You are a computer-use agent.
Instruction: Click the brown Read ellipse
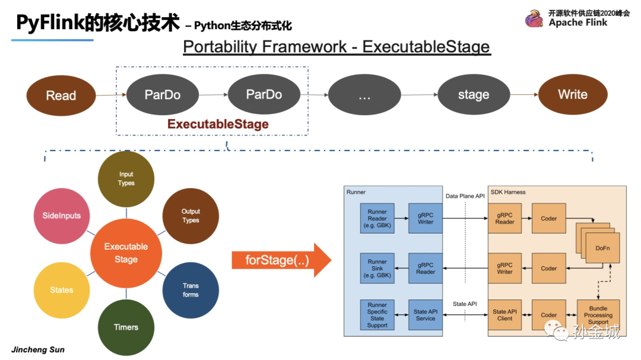click(61, 95)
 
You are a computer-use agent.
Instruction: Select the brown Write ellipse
click(572, 94)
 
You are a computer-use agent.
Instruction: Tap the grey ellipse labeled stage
click(473, 94)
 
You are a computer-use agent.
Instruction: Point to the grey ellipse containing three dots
click(364, 94)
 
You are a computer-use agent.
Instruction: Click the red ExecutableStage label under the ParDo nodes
click(218, 125)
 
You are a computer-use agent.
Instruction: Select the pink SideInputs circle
click(62, 216)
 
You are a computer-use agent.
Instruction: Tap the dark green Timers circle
click(126, 327)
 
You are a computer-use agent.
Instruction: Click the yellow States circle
click(62, 290)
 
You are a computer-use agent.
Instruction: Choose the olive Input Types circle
click(126, 179)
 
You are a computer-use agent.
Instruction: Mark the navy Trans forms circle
click(191, 290)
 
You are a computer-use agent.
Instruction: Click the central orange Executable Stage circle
click(126, 253)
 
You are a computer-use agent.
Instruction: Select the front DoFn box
click(602, 248)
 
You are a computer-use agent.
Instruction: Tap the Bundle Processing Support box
click(598, 315)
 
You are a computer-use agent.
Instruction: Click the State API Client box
click(504, 315)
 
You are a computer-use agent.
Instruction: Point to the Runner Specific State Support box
click(377, 315)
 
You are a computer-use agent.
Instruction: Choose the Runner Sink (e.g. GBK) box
click(377, 269)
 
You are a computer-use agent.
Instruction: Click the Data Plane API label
click(466, 196)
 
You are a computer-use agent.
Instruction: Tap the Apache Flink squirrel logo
click(534, 18)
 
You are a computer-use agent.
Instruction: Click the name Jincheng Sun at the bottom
click(38, 349)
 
